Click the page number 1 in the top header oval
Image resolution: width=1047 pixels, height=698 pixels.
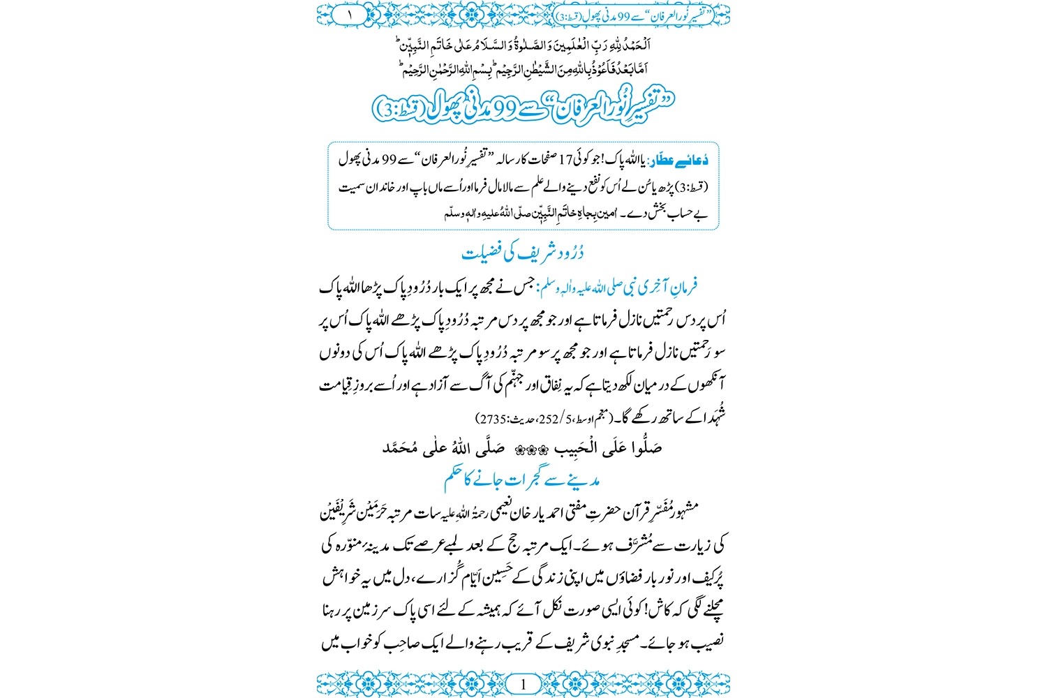pos(349,14)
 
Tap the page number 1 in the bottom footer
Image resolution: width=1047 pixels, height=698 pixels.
pos(523,684)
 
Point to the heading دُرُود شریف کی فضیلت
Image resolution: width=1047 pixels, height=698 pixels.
pos(523,252)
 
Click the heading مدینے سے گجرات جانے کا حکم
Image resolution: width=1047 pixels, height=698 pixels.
pos(522,480)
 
